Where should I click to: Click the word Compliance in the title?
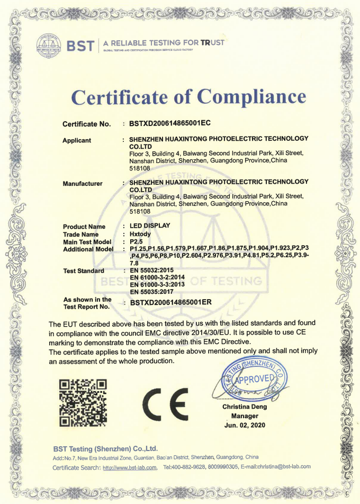point(251,97)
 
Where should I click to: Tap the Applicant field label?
point(77,140)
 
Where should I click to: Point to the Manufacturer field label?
point(83,184)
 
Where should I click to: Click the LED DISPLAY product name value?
point(150,226)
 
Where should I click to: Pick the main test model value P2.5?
point(137,241)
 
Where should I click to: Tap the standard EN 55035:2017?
point(151,291)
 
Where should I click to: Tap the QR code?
point(83,402)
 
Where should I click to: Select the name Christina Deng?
point(245,407)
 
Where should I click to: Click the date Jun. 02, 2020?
point(245,425)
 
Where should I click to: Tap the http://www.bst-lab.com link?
point(130,467)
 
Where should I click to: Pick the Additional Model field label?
point(88,249)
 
